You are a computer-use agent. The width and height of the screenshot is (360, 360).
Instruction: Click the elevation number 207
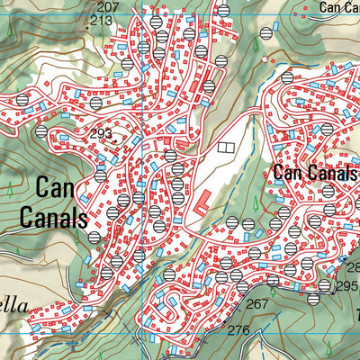tap(107, 7)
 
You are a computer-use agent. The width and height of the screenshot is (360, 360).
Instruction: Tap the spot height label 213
tap(102, 20)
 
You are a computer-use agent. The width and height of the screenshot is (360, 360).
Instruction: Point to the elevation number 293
tap(102, 134)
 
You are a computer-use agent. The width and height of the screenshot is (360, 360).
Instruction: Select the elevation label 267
tap(257, 304)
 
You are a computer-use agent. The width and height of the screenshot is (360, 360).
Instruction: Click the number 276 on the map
tap(238, 330)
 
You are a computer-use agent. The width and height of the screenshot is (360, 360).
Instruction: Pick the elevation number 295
tap(347, 286)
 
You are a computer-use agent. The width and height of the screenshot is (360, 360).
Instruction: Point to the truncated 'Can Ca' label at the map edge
tap(340, 7)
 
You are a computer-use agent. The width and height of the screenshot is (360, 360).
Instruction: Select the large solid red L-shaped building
tap(202, 202)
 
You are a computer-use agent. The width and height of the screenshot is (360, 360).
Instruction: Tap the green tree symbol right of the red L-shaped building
tap(231, 190)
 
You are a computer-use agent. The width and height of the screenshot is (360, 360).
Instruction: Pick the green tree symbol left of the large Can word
tap(9, 190)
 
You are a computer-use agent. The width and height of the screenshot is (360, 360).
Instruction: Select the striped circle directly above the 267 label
tap(242, 287)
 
